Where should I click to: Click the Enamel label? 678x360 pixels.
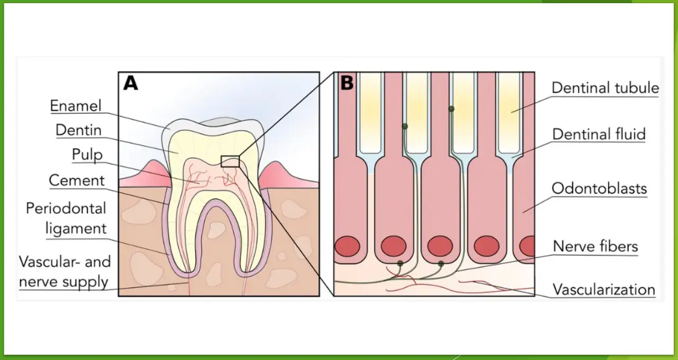(x=76, y=106)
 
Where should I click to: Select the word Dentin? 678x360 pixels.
(x=79, y=130)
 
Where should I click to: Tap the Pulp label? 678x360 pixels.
(x=87, y=155)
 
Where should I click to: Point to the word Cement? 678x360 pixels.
(x=77, y=181)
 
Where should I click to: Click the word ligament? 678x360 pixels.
(x=76, y=228)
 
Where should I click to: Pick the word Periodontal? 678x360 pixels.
(x=66, y=208)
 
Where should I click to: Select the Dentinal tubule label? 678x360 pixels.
(x=605, y=88)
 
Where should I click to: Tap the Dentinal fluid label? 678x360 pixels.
(x=599, y=134)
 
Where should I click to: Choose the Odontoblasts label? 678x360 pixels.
(x=599, y=188)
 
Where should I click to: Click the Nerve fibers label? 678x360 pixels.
(x=595, y=247)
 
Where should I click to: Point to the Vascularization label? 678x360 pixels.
(x=604, y=290)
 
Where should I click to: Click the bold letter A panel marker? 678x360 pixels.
(x=131, y=83)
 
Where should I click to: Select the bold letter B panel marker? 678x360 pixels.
(x=347, y=83)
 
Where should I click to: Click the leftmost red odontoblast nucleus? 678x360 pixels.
(x=347, y=246)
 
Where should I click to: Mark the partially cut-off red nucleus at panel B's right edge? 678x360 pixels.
(x=527, y=246)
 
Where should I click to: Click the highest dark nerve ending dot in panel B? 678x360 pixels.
(x=451, y=109)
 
